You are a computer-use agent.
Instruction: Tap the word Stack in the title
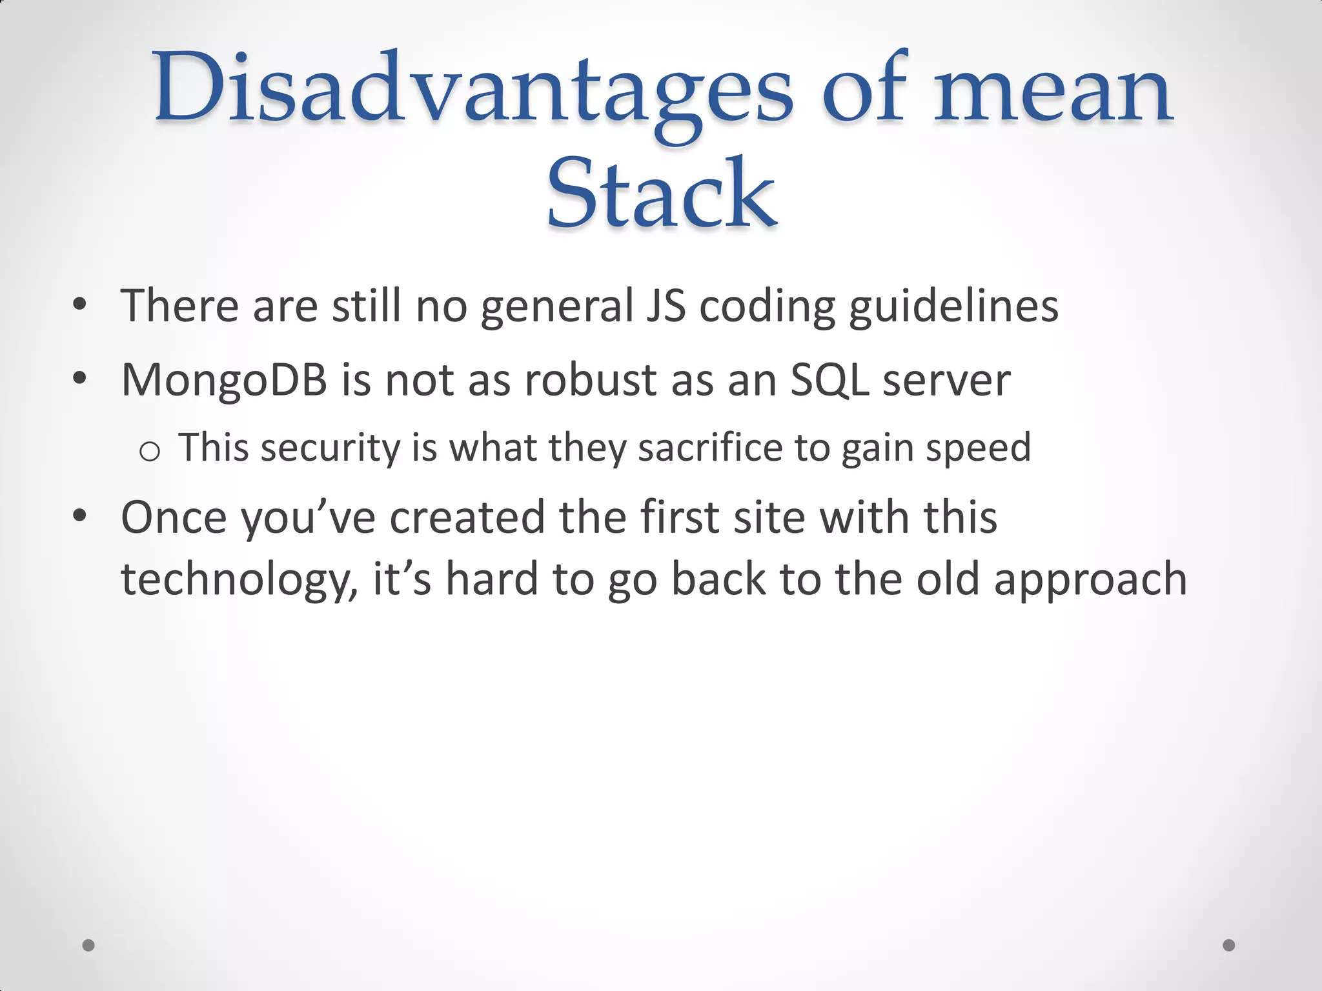pyautogui.click(x=661, y=194)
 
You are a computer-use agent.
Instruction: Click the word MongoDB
pyautogui.click(x=224, y=380)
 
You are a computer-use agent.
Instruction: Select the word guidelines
pyautogui.click(x=953, y=306)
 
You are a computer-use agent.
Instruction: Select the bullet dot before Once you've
pyautogui.click(x=79, y=516)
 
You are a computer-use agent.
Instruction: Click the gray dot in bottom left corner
pyautogui.click(x=88, y=945)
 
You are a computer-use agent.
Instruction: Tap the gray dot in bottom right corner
pyautogui.click(x=1229, y=945)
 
